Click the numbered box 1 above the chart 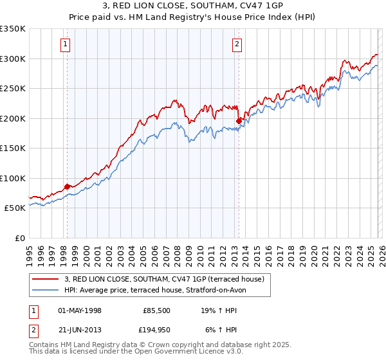66,44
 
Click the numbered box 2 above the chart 237,44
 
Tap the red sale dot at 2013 239,120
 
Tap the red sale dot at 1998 67,186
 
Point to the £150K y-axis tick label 13,148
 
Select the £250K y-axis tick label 13,88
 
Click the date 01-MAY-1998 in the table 79,310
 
